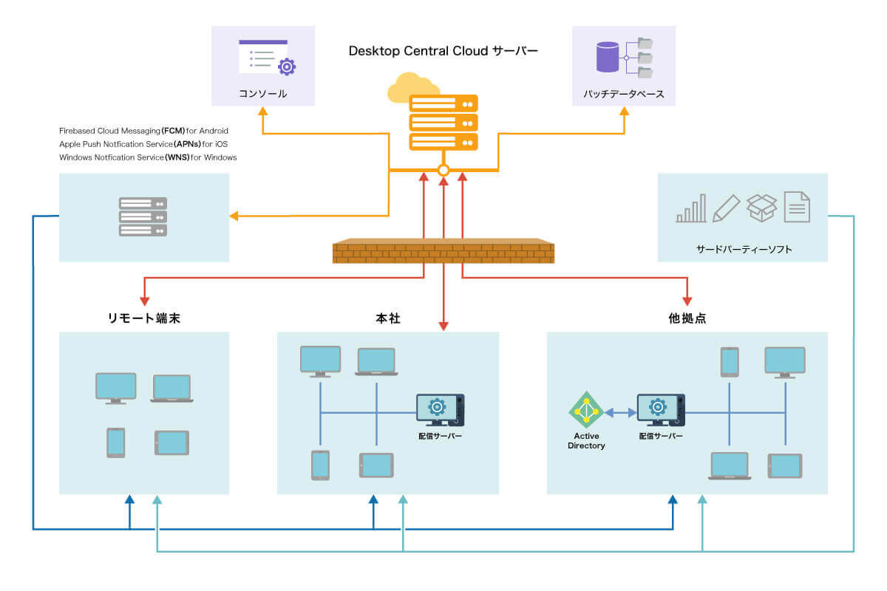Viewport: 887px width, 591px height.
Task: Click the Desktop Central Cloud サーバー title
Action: point(443,51)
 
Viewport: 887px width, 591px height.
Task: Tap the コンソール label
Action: point(262,94)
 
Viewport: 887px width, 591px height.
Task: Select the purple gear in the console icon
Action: point(287,67)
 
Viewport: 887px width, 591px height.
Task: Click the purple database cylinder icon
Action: point(607,57)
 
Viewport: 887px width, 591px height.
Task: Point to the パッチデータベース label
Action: point(624,94)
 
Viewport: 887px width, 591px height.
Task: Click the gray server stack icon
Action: point(143,216)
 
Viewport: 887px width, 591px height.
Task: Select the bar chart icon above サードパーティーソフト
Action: point(691,208)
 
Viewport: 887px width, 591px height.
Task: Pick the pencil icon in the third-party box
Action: point(726,208)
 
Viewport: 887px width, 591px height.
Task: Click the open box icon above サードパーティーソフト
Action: point(761,208)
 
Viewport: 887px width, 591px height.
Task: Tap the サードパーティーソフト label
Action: point(743,249)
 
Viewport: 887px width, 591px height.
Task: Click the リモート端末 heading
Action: point(144,318)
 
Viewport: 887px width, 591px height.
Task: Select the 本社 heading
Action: point(387,318)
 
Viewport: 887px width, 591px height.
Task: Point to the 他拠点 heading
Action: point(687,318)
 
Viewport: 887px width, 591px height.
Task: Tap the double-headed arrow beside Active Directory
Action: point(620,412)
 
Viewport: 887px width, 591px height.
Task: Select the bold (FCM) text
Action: point(174,131)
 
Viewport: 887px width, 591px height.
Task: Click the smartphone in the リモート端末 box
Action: point(116,443)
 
